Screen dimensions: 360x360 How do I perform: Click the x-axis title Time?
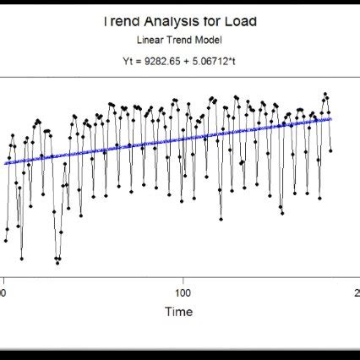(178, 312)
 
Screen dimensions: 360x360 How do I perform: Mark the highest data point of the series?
(325, 94)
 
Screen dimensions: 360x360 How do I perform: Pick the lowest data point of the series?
(57, 263)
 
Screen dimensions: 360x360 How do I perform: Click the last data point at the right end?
(330, 150)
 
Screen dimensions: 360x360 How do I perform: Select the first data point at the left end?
(6, 241)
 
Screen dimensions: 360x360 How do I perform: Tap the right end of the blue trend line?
(331, 119)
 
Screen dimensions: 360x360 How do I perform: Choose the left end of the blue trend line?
(5, 163)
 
